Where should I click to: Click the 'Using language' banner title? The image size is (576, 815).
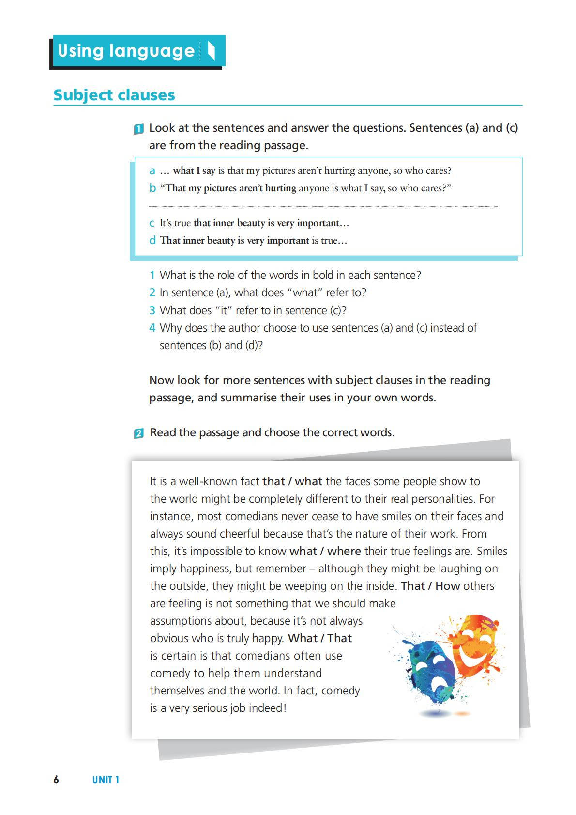126,51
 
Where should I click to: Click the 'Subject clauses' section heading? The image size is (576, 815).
114,95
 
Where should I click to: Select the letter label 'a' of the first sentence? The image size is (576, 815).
152,171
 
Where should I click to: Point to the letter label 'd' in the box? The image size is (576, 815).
152,240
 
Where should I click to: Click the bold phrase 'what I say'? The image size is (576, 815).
194,170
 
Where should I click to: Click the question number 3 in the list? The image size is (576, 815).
152,310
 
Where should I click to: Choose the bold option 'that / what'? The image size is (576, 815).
292,481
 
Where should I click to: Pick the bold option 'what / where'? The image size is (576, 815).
325,551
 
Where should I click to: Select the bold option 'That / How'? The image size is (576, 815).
430,586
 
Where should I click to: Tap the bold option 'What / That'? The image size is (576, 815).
320,638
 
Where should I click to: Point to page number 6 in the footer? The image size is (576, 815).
56,780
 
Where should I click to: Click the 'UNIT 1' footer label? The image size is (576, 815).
106,780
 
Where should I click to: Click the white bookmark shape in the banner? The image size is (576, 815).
211,50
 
